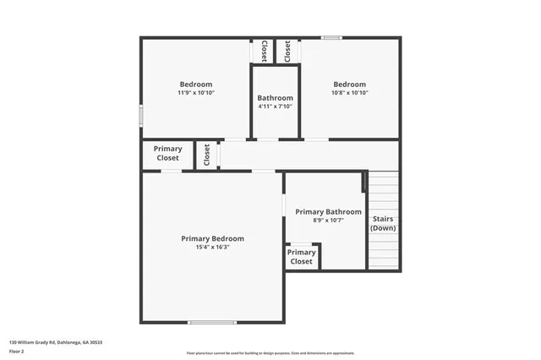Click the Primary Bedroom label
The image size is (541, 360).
pos(212,238)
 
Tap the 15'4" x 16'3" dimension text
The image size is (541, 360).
pos(212,248)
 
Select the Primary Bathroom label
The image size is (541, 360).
pos(328,211)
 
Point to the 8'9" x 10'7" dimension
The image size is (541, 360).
pos(328,221)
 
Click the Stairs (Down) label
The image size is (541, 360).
pos(383,223)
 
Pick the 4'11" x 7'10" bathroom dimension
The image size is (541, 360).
pos(275,106)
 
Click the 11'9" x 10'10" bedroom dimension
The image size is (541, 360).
pos(195,93)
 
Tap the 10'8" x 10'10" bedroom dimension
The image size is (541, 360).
pos(349,93)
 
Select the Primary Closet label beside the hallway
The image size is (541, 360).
pos(167,154)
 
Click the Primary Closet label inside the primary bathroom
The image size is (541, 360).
pos(301,257)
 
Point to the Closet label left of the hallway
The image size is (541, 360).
pos(206,154)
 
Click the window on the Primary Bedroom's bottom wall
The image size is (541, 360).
pos(212,322)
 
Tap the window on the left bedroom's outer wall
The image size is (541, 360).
pos(141,115)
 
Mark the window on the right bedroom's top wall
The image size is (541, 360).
pos(331,37)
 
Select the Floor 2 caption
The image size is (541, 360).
pos(16,350)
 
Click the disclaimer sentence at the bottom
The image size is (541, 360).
pos(270,353)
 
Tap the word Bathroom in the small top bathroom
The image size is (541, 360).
pos(275,97)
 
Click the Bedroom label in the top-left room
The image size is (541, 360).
pos(195,84)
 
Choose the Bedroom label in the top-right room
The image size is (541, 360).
pos(349,84)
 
